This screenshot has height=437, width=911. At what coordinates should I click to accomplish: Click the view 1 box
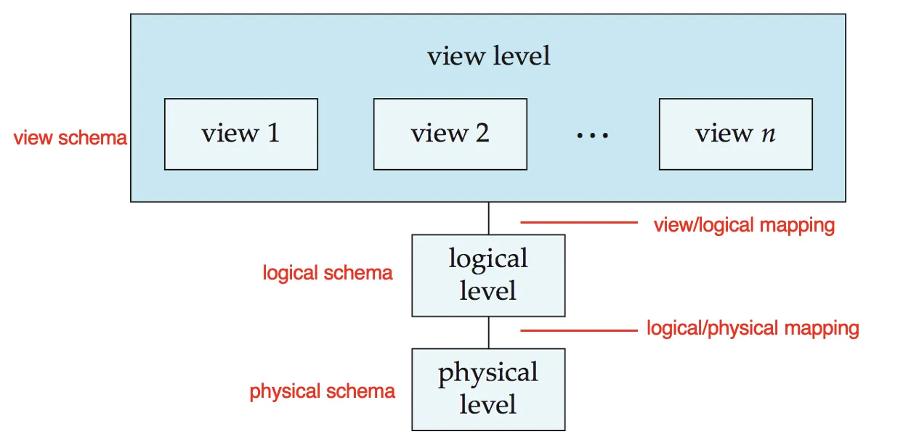(241, 134)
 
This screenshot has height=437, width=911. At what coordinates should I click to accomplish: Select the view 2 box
(450, 134)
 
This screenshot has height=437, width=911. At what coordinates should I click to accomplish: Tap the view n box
(736, 134)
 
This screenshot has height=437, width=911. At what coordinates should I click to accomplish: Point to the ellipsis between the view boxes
(593, 135)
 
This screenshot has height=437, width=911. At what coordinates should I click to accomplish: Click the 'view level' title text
(488, 56)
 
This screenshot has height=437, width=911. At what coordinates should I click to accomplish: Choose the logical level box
(488, 276)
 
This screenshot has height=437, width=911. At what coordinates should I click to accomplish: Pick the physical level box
(488, 389)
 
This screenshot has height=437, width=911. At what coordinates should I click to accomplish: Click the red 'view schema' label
(70, 138)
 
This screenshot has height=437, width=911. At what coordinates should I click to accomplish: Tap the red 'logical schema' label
(328, 273)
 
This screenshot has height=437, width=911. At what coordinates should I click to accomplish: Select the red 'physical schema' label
(322, 391)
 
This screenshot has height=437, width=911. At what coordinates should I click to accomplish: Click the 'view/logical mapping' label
(744, 225)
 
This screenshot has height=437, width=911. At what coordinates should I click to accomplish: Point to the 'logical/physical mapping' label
(753, 328)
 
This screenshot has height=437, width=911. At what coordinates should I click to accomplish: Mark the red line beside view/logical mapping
(579, 222)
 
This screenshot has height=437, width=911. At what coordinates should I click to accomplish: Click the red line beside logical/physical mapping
(579, 330)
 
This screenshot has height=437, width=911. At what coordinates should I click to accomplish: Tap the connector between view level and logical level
(488, 218)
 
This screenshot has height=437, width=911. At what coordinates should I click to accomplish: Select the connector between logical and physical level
(488, 332)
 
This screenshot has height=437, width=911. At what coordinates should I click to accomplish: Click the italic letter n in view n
(769, 134)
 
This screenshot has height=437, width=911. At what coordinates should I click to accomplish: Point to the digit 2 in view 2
(482, 133)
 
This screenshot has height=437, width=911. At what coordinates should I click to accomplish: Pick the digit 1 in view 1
(273, 133)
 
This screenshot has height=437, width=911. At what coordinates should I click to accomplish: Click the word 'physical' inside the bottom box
(488, 373)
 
